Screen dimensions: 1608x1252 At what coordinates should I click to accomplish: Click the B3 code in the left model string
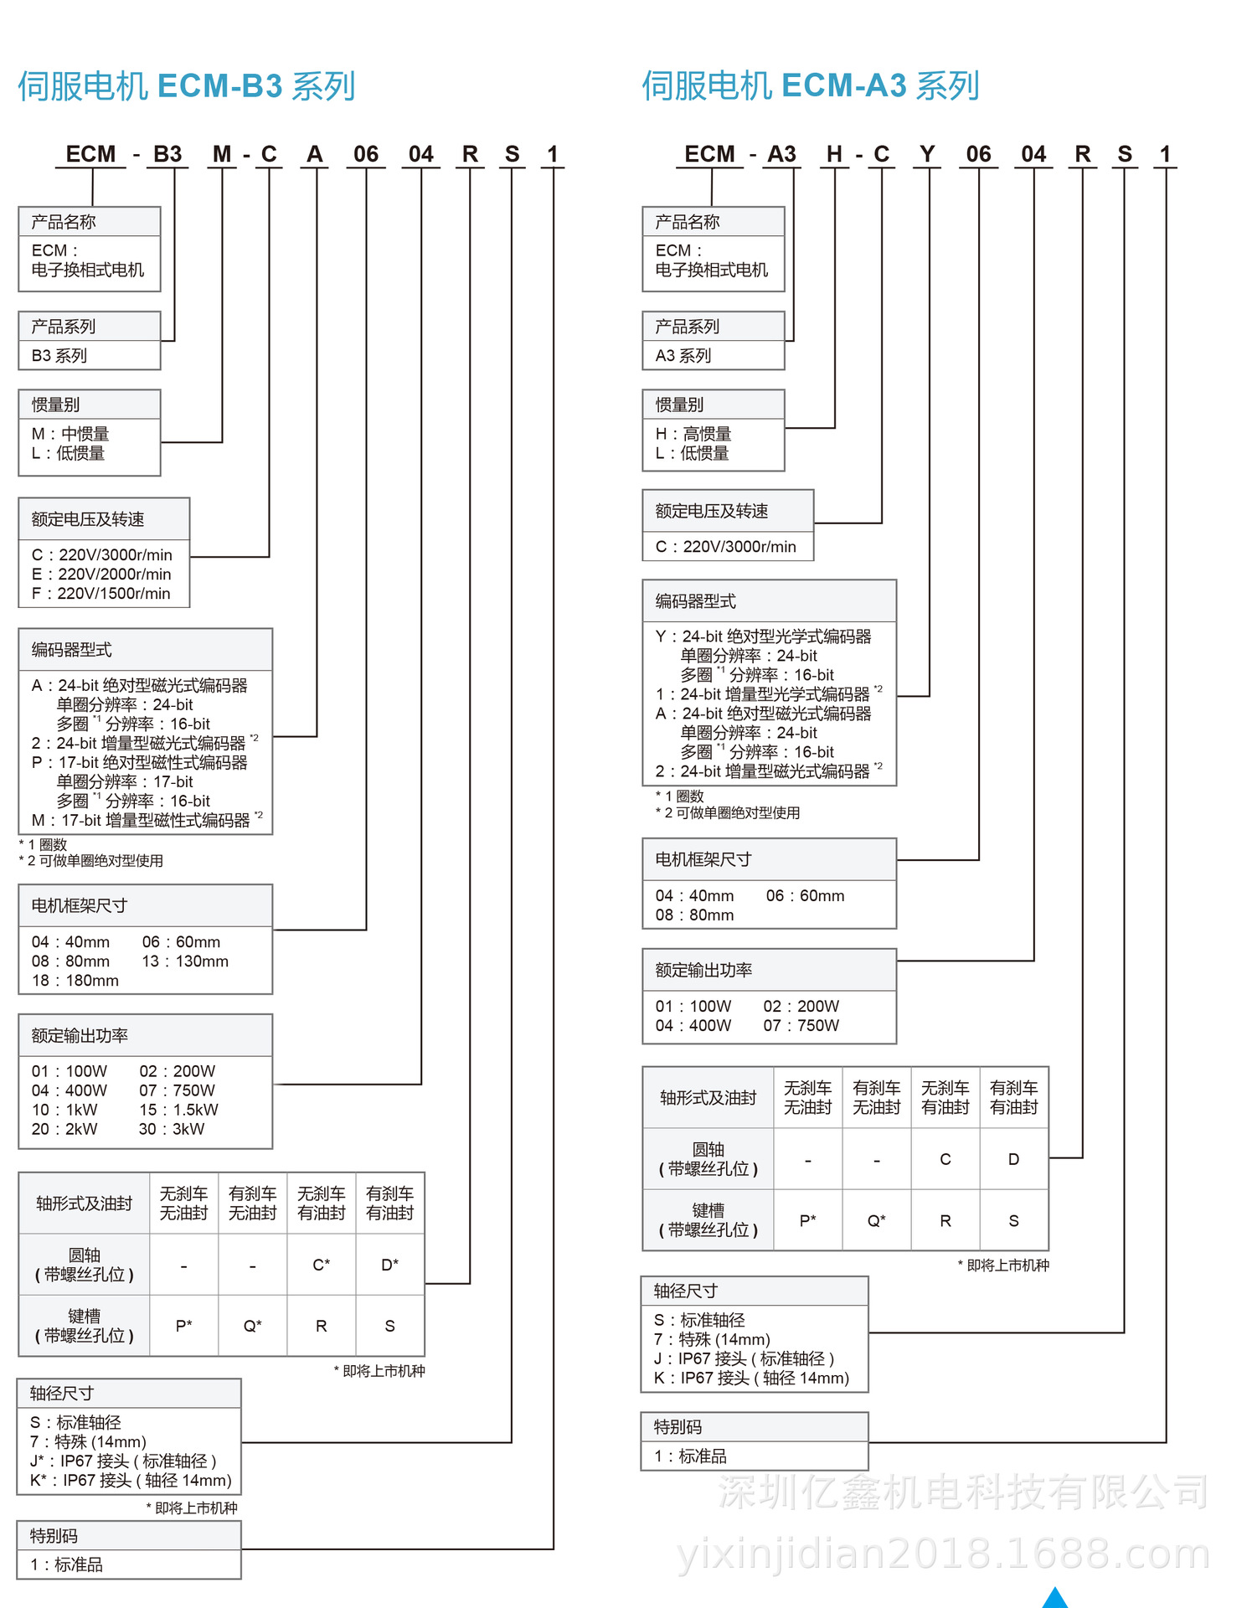coord(167,154)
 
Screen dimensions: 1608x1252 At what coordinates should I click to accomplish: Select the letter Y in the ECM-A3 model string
coord(926,154)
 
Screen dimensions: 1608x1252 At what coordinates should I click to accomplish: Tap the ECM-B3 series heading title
coord(187,86)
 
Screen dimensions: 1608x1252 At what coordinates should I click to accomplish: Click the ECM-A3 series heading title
coord(811,86)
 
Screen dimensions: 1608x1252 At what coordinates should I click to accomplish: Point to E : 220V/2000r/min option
coord(101,575)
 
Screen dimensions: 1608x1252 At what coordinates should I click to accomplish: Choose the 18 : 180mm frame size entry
coord(75,981)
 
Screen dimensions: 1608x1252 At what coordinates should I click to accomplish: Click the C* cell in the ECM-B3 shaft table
coord(322,1265)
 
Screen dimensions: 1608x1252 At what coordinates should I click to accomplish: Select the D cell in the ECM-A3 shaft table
coord(1013,1159)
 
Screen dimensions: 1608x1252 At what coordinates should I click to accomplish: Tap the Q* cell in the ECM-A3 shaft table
coord(876,1221)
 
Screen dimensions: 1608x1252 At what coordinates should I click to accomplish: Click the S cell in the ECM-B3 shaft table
coord(389,1326)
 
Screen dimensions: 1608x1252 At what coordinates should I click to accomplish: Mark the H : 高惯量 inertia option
coord(693,434)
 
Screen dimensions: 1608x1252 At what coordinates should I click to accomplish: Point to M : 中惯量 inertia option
coord(70,434)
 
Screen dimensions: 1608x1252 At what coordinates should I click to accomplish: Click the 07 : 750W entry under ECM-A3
coord(801,1026)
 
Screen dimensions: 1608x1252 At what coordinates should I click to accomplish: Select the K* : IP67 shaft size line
coord(131,1481)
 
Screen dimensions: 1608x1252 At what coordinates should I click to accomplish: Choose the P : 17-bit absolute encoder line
coord(140,763)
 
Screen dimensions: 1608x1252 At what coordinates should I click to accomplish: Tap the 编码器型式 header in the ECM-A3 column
coord(695,601)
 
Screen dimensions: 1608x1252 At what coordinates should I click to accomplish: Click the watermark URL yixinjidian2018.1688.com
coord(943,1554)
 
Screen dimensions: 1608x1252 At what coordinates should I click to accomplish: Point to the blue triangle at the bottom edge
coord(1055,1599)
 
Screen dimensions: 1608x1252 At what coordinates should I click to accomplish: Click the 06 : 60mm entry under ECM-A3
coord(805,896)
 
